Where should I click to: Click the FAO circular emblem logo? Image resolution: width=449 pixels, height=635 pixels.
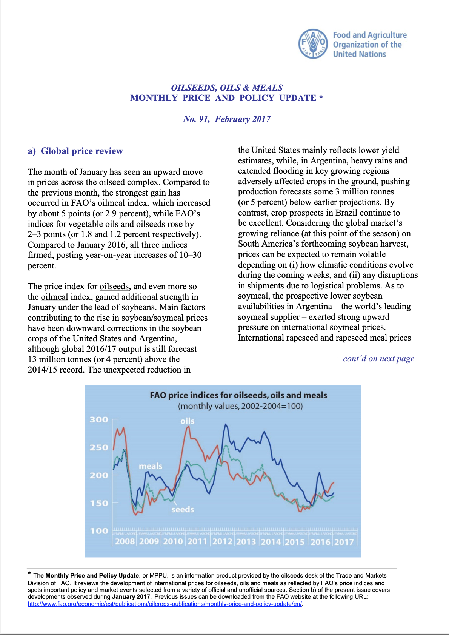point(313,44)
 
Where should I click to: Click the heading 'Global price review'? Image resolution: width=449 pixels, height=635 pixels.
point(81,151)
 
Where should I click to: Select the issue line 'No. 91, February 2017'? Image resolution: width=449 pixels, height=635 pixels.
point(227,119)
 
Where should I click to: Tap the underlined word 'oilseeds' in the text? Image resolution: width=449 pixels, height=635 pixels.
point(114,287)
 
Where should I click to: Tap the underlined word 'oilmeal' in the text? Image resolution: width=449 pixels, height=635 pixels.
point(54,297)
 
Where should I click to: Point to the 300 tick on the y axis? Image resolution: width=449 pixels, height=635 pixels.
point(99,419)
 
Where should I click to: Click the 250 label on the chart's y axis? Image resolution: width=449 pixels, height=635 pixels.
point(99,447)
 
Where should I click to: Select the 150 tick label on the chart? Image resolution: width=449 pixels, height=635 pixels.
point(99,503)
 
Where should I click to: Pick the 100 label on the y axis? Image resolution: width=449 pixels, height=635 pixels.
point(99,531)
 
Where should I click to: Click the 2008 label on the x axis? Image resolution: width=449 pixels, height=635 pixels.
point(125,542)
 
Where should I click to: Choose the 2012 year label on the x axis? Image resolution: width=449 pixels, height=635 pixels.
point(222,542)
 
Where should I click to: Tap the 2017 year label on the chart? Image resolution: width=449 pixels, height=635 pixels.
point(344,542)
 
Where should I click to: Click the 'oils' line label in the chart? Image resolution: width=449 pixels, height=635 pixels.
point(187,421)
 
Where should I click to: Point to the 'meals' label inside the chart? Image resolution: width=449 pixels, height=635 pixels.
point(151,466)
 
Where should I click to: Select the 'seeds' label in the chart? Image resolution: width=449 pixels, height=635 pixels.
point(183,510)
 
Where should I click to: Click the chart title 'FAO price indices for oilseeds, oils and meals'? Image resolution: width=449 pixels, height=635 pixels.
point(238,395)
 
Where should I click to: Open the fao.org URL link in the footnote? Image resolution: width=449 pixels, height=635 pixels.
point(165,604)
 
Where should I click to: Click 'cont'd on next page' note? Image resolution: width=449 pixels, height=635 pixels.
point(378,359)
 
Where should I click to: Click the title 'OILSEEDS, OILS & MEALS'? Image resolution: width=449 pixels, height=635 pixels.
point(227,88)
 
